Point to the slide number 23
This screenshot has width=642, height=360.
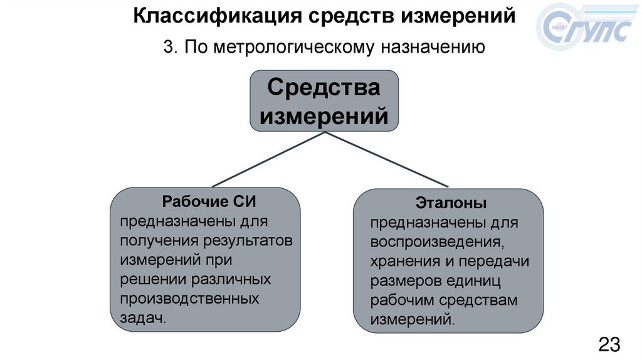point(609,344)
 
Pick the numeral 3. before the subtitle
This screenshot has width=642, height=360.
point(170,48)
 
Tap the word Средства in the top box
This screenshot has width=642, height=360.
point(324,88)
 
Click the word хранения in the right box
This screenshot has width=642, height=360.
point(402,261)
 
